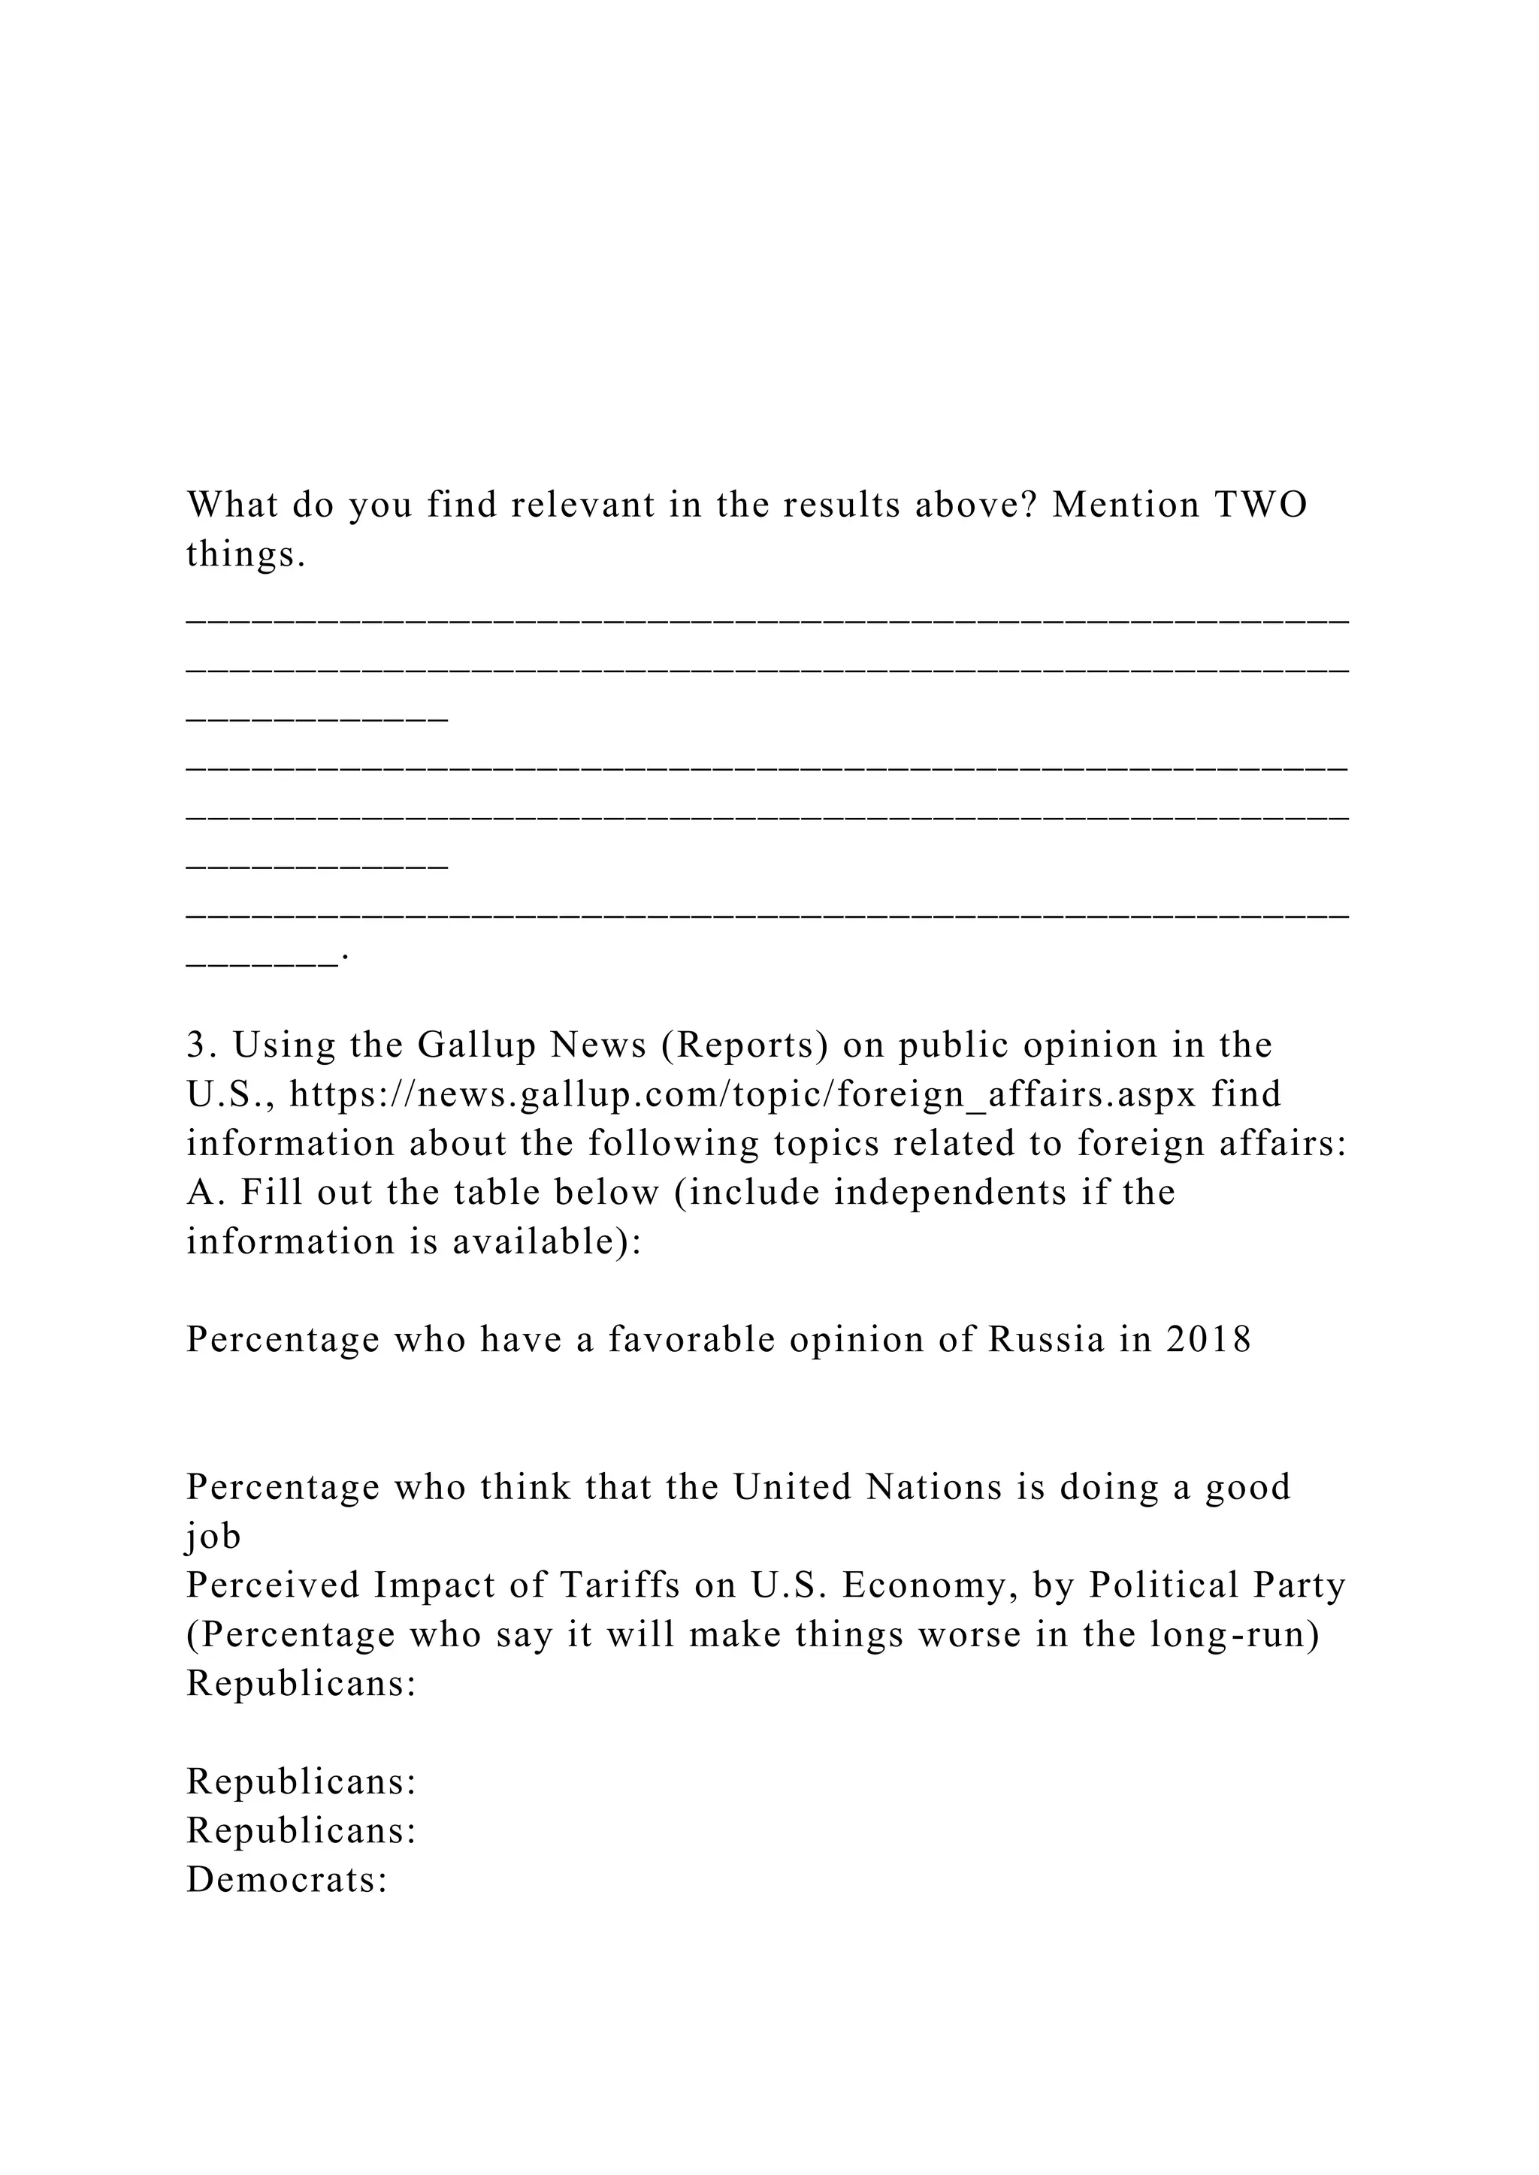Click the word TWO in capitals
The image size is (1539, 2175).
[1260, 505]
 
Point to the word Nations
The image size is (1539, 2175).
[934, 1486]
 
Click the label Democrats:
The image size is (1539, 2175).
[287, 1879]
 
